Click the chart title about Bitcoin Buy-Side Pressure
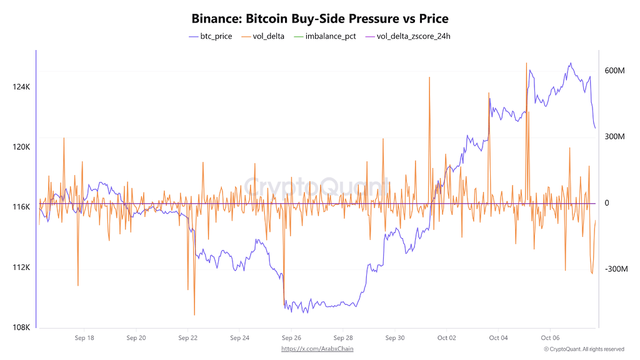point(320,19)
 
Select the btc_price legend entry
point(211,36)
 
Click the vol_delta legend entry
point(263,36)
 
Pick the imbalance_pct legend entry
point(325,36)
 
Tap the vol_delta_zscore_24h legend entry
point(408,36)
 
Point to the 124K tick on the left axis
point(21,87)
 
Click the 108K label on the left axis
point(21,327)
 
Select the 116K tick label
point(21,207)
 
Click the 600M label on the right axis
point(614,71)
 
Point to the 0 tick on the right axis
point(606,203)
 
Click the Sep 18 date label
point(84,338)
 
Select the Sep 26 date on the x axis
point(291,338)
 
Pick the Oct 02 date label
point(446,338)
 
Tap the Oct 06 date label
point(550,338)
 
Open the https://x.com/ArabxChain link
point(321,349)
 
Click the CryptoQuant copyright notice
point(584,349)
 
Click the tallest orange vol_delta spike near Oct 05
point(527,64)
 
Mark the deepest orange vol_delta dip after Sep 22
point(194,314)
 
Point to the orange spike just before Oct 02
point(429,78)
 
